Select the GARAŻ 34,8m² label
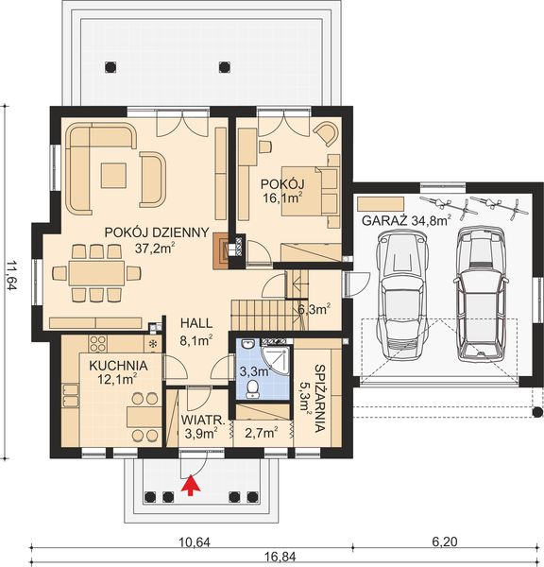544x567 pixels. pyautogui.click(x=405, y=220)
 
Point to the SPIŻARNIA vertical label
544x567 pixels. pyautogui.click(x=316, y=397)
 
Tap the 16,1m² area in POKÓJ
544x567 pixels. pyautogui.click(x=282, y=198)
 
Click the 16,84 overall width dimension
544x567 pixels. pyautogui.click(x=278, y=558)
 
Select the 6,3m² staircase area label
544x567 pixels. pyautogui.click(x=313, y=308)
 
